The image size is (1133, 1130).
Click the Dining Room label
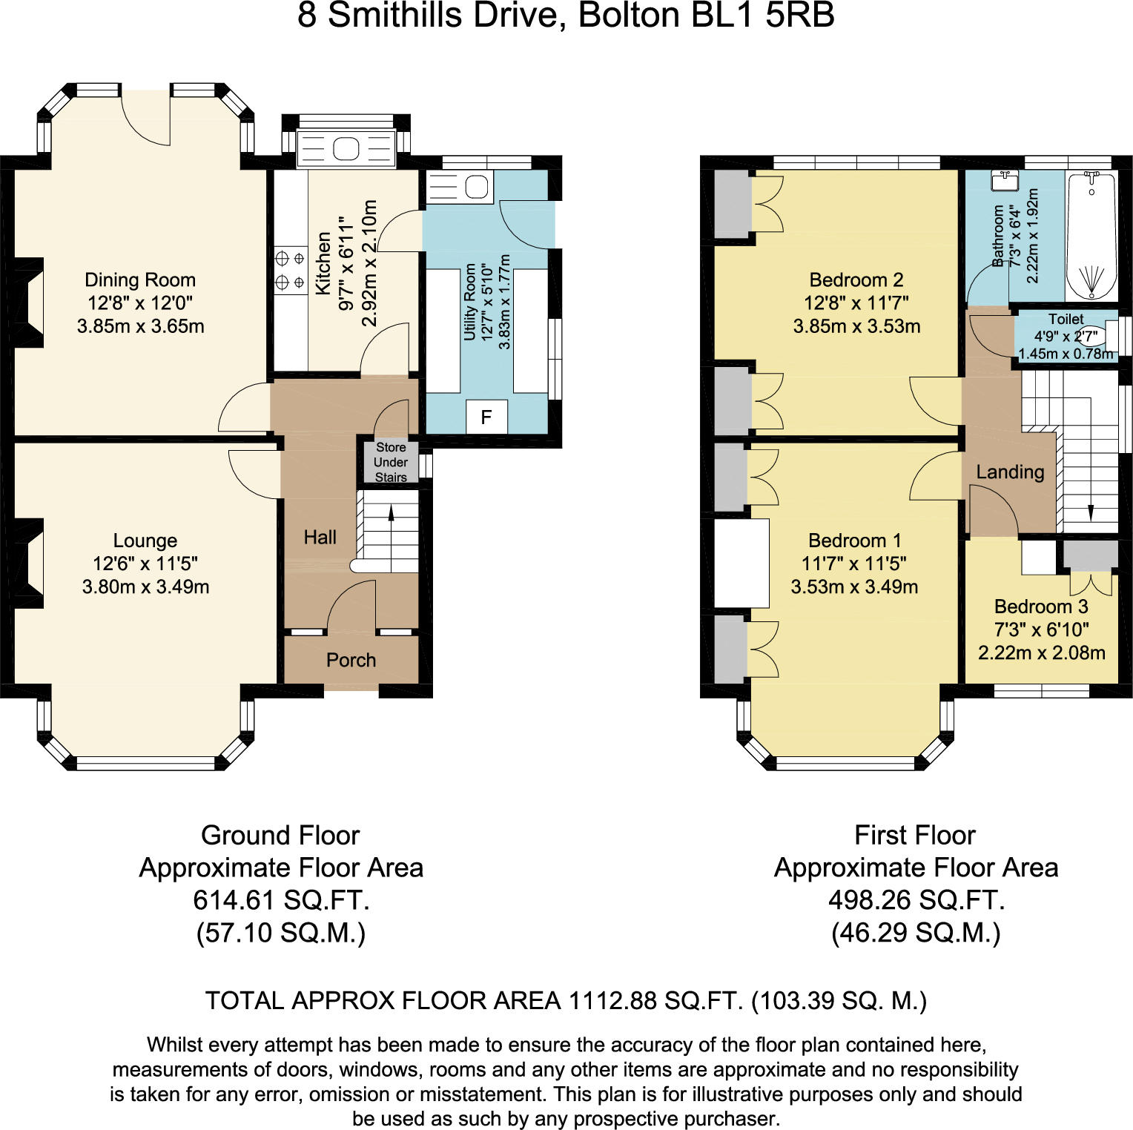click(x=140, y=280)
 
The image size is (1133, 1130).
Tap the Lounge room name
click(x=145, y=541)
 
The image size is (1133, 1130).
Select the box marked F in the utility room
click(x=486, y=417)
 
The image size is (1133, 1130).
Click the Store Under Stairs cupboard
click(x=391, y=462)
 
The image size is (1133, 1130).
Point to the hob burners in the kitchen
click(x=290, y=271)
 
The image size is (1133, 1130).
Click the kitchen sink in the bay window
click(x=346, y=149)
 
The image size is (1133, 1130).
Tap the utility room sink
click(x=476, y=187)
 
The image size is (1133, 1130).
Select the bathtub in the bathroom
click(x=1091, y=236)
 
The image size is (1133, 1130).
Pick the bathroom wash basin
click(x=1005, y=180)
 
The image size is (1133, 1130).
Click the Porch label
click(x=351, y=660)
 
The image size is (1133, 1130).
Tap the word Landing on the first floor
click(x=1010, y=472)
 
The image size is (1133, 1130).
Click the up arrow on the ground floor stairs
click(x=392, y=512)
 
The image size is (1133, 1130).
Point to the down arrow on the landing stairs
click(x=1090, y=512)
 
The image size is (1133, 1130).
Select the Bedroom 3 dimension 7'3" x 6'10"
click(x=1041, y=630)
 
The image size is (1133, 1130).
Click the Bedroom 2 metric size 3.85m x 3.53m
click(x=856, y=326)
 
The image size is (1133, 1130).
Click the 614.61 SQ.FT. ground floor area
click(x=281, y=900)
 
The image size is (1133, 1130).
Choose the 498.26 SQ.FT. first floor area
click(x=916, y=900)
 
